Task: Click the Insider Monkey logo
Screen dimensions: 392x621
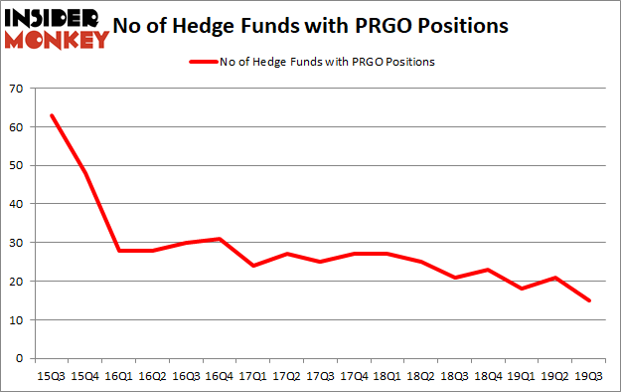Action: tap(57, 28)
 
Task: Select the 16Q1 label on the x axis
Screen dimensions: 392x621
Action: tap(119, 377)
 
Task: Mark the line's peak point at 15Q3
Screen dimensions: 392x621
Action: tap(52, 115)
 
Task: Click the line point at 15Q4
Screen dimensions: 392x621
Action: tap(85, 173)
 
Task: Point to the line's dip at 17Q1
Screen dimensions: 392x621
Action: tap(254, 266)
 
